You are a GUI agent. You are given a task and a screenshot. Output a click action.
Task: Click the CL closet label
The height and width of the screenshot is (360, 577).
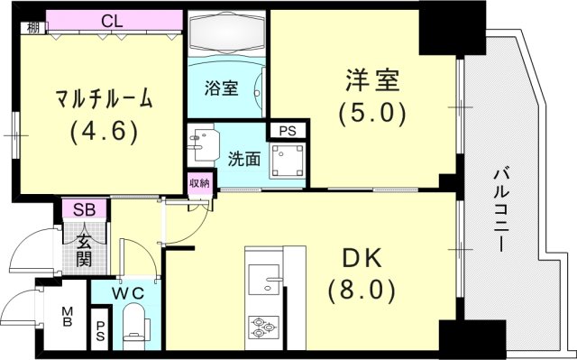113,20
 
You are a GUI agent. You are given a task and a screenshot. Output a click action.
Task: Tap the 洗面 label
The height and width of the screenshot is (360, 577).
243,159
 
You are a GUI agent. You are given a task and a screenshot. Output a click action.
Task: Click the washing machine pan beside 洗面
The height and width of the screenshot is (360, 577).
289,162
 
